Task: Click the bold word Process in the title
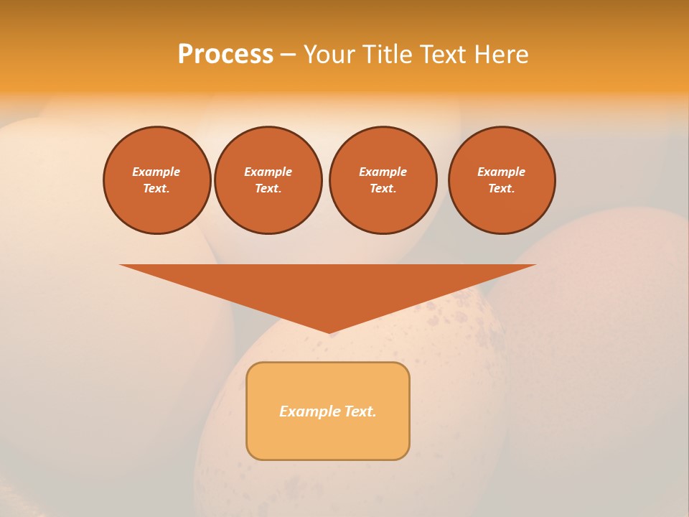(x=225, y=55)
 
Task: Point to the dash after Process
(x=288, y=55)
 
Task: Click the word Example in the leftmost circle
(x=156, y=172)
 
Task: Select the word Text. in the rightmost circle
(x=502, y=188)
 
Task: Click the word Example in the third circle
(x=383, y=172)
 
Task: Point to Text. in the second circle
(x=268, y=188)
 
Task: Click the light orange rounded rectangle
(x=328, y=438)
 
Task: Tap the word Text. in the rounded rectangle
(x=360, y=411)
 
